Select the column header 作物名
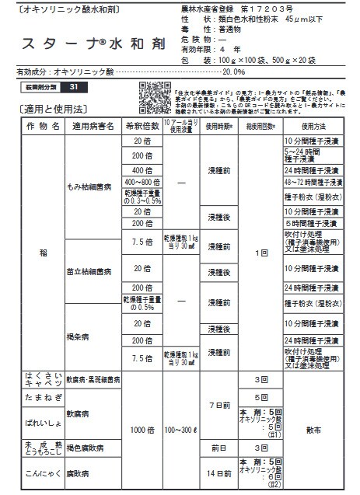tap(42, 125)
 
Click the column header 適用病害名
tap(93, 125)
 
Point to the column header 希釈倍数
tap(142, 125)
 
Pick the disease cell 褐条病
tap(79, 336)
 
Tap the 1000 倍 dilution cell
tap(142, 427)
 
